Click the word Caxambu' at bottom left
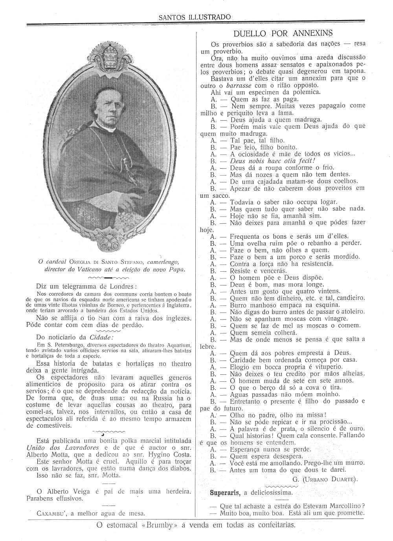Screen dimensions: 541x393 [50, 513]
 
